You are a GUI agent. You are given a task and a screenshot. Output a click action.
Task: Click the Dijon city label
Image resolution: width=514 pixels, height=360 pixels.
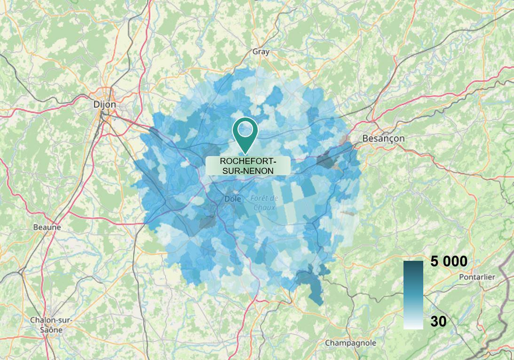tap(104, 104)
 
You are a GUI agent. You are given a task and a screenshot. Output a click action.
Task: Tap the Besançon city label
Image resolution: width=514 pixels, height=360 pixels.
tap(383, 139)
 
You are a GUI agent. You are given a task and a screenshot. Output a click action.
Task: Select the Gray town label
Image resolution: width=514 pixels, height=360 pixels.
tap(261, 52)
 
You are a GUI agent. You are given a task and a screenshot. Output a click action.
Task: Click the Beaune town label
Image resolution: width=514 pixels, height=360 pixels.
tap(47, 227)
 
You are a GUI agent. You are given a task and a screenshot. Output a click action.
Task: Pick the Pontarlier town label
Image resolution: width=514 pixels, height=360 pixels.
tap(477, 277)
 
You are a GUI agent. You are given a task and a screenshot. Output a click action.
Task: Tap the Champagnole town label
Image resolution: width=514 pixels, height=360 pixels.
tap(351, 343)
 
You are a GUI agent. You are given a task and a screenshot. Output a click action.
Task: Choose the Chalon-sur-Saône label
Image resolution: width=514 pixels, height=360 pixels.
tap(51, 324)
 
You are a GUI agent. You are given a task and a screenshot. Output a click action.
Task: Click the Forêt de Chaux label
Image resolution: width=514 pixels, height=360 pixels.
tap(264, 203)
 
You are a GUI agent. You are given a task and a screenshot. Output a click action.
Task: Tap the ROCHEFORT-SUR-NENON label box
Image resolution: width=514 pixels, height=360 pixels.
tap(248, 166)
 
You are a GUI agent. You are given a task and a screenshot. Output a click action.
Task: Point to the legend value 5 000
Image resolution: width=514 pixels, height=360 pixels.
tap(449, 262)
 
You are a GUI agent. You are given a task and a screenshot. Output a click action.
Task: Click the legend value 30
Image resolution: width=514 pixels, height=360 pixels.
tap(438, 321)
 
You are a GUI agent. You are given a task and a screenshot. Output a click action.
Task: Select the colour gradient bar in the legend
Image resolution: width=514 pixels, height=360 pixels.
tap(413, 295)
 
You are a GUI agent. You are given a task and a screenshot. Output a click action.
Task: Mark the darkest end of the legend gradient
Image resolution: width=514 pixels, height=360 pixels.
tap(413, 264)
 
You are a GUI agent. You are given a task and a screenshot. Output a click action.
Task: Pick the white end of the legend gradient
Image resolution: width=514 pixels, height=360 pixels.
tap(413, 326)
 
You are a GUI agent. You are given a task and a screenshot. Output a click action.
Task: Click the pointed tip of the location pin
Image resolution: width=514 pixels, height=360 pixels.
tap(245, 153)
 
